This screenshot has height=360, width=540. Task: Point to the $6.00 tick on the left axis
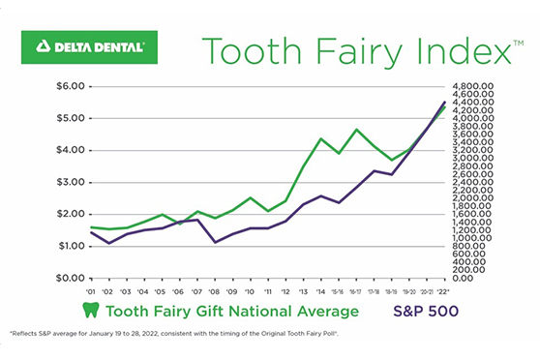[x=74, y=86]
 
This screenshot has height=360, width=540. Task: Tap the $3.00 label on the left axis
[x=74, y=182]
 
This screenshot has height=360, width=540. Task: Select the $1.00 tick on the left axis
[x=74, y=246]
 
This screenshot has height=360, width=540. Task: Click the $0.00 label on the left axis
[x=74, y=278]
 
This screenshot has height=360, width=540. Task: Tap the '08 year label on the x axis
[x=216, y=290]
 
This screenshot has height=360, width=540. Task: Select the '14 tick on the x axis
[x=321, y=290]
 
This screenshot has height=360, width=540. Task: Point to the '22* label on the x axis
[x=444, y=290]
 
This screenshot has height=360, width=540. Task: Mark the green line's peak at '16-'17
[x=356, y=129]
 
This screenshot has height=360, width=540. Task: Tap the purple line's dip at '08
[x=216, y=242]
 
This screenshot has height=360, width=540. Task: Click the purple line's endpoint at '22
[x=444, y=102]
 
